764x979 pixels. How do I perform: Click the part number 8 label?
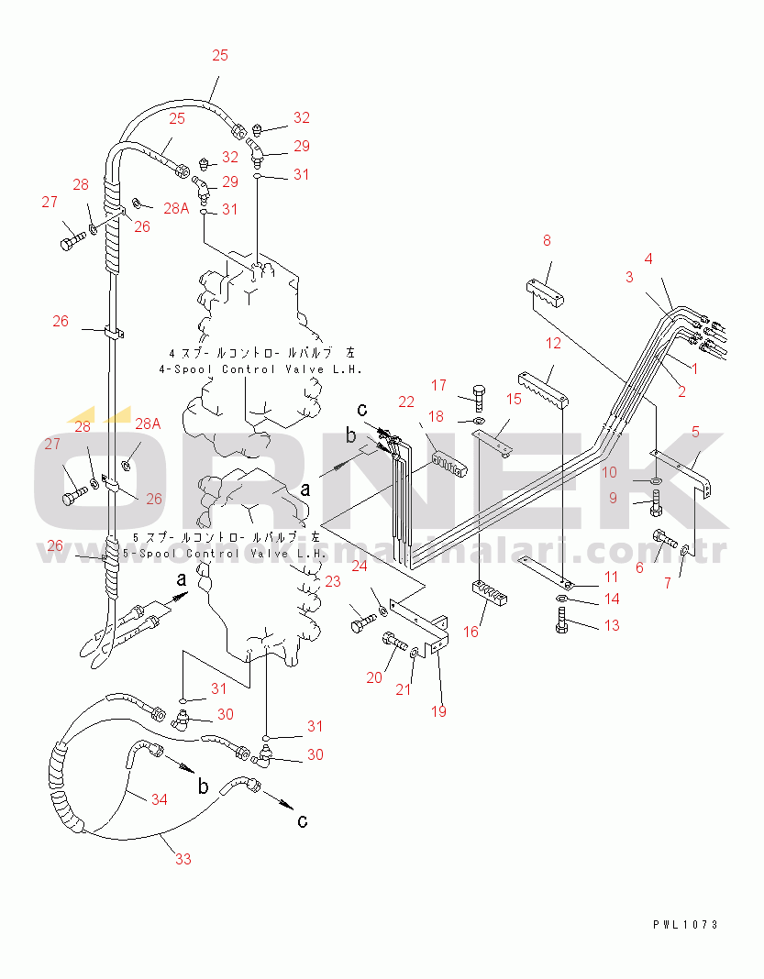point(547,241)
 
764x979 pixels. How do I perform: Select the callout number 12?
point(553,344)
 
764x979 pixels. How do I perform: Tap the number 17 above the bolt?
point(439,386)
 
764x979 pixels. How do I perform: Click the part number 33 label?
point(183,859)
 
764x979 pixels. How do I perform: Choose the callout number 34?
point(159,799)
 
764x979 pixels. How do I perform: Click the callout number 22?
point(406,401)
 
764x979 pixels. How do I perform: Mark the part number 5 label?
point(695,431)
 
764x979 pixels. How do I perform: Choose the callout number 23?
point(332,581)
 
